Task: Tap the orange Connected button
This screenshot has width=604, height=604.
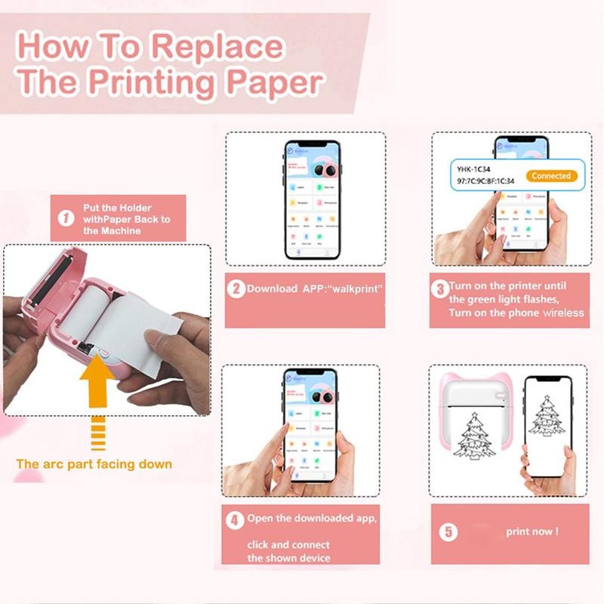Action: [550, 176]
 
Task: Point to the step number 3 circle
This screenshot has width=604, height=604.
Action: [439, 288]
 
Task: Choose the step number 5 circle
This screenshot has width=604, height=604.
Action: [448, 532]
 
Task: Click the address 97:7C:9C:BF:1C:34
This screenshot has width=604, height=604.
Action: [485, 182]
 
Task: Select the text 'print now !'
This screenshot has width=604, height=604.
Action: [532, 532]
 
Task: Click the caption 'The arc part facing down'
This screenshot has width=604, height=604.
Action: [94, 464]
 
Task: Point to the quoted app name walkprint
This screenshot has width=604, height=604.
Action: [356, 289]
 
